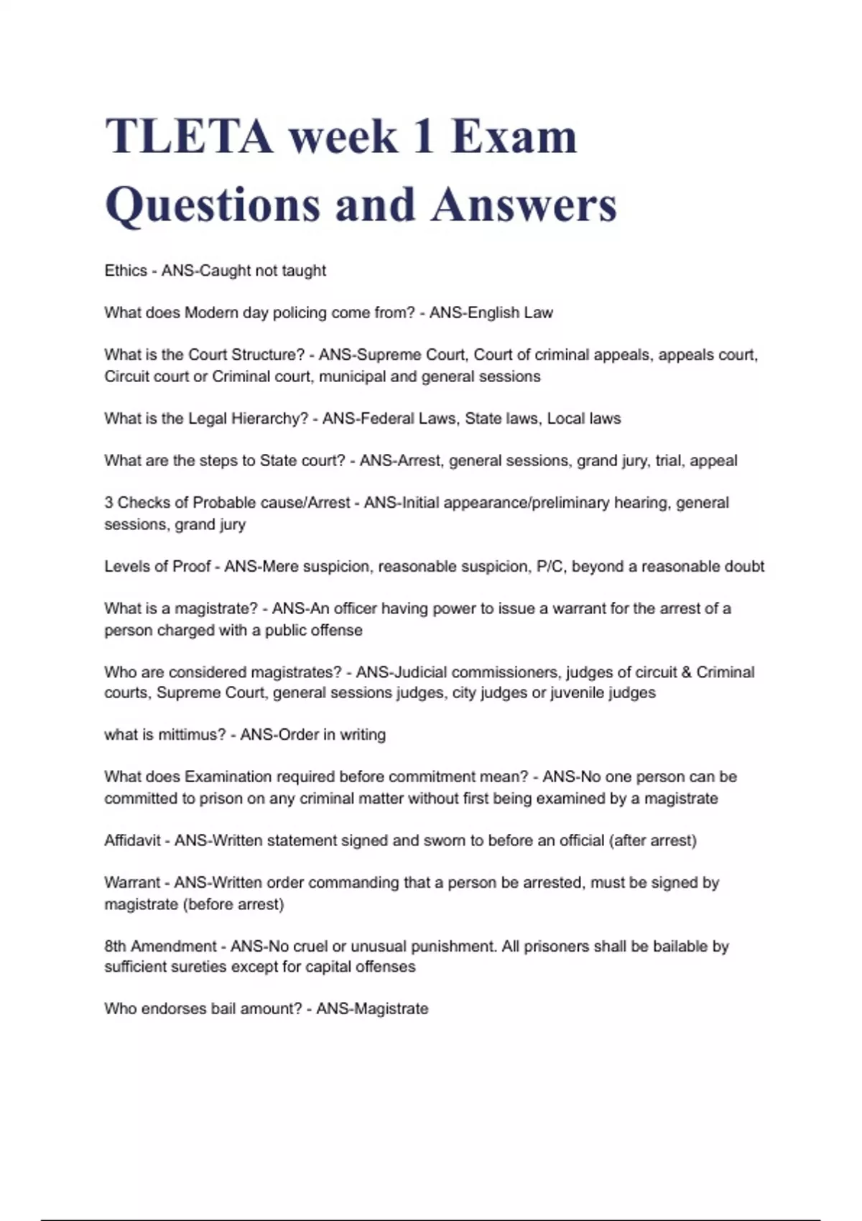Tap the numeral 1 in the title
[x=424, y=136]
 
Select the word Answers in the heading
[x=524, y=205]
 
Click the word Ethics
[x=126, y=271]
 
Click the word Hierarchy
[x=267, y=419]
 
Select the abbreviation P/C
[x=550, y=567]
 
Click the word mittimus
[x=192, y=735]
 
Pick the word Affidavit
[x=133, y=840]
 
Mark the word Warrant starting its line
[x=133, y=883]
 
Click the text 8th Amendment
[x=160, y=947]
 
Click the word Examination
[x=228, y=777]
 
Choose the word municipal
[x=353, y=376]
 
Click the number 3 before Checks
[x=108, y=503]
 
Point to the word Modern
[x=212, y=313]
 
